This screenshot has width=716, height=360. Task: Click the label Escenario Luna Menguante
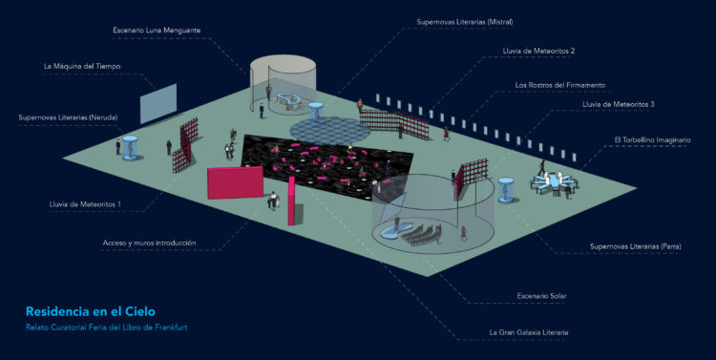157,31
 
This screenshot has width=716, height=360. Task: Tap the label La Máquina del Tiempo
82,66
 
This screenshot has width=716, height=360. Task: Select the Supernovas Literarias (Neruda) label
68,117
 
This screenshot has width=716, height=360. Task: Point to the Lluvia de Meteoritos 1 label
85,204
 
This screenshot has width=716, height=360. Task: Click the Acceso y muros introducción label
149,244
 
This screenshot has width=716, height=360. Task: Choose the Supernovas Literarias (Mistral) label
464,22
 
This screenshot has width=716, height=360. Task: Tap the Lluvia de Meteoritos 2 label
538,52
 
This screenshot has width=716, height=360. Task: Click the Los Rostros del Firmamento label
559,85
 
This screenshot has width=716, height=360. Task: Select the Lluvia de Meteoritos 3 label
618,104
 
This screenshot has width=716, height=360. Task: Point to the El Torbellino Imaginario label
652,139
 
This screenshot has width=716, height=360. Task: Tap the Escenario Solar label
541,296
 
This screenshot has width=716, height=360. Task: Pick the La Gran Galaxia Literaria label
529,332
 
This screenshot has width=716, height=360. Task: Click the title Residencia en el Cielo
91,311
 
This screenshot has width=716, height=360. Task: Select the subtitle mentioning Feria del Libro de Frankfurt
106,328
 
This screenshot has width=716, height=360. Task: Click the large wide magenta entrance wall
235,182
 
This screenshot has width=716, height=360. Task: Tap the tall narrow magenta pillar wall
291,201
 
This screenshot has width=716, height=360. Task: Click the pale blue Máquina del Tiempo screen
158,104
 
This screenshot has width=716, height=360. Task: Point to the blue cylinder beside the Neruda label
130,148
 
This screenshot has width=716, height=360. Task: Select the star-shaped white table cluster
554,181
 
